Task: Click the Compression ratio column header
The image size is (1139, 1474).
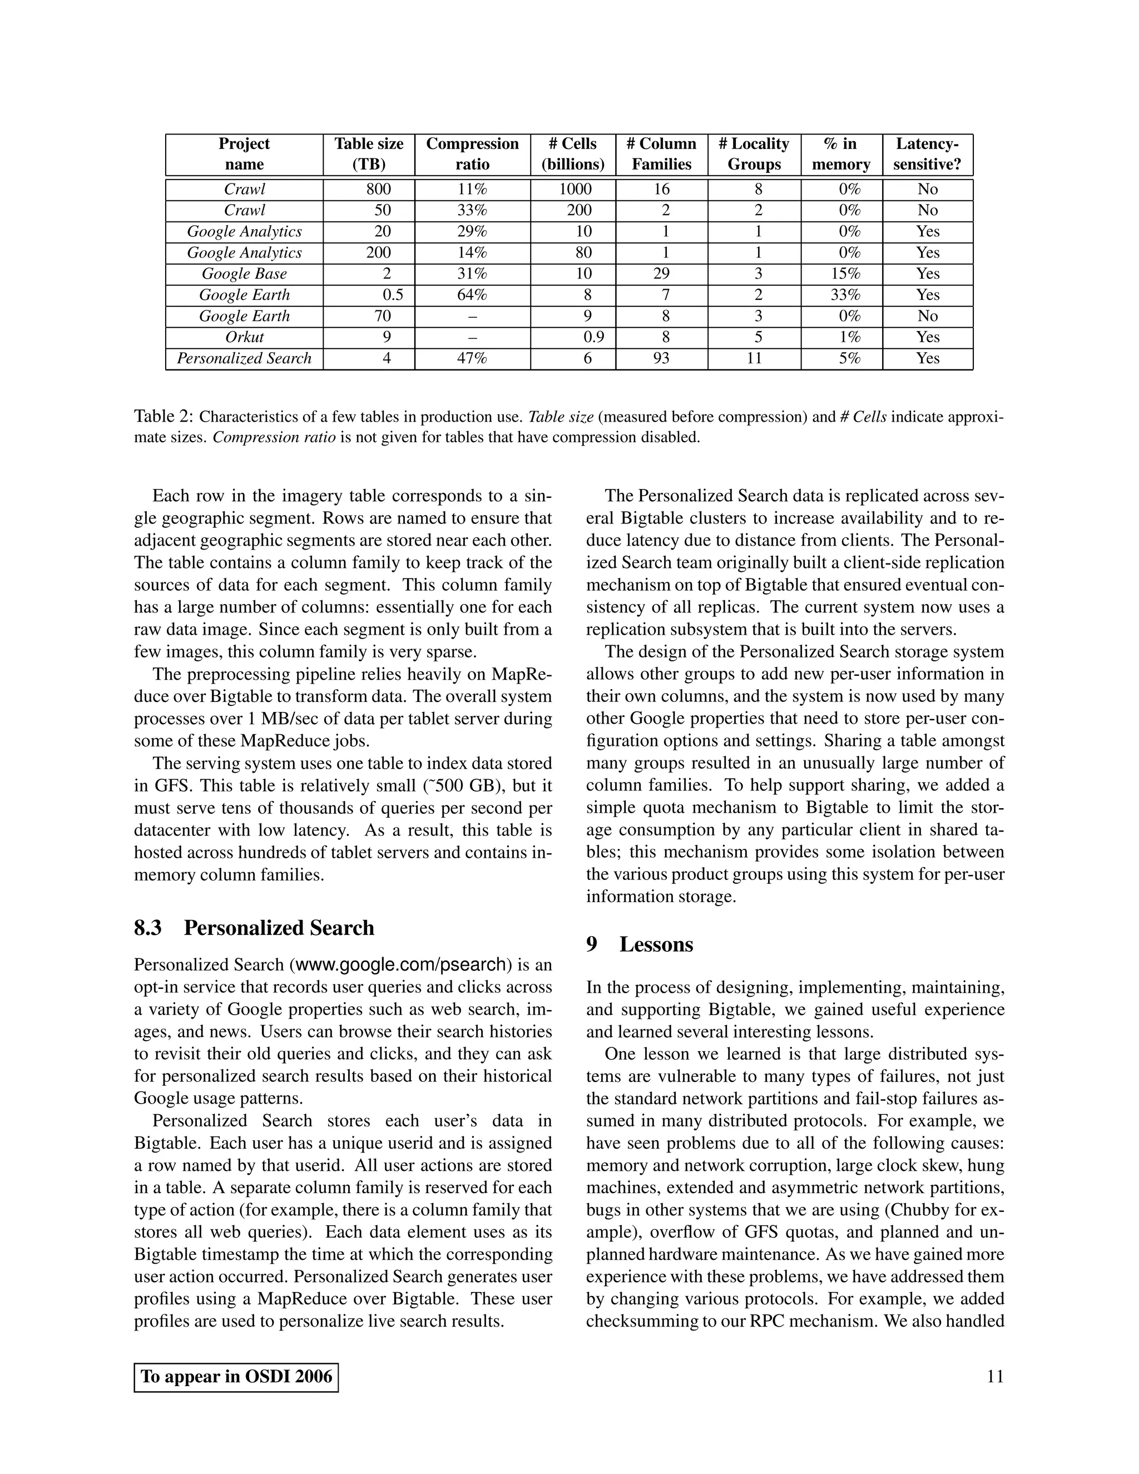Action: (472, 154)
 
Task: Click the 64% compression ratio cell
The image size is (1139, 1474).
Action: (472, 295)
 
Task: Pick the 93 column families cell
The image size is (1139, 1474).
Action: (661, 358)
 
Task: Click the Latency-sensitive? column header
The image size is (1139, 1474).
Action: (927, 154)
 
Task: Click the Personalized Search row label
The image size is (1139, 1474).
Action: (244, 358)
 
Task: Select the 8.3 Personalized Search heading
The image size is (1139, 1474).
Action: (254, 927)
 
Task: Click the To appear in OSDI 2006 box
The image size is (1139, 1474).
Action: (236, 1376)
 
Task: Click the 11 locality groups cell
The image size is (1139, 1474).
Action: (754, 358)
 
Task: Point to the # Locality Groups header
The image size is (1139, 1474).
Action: (754, 154)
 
